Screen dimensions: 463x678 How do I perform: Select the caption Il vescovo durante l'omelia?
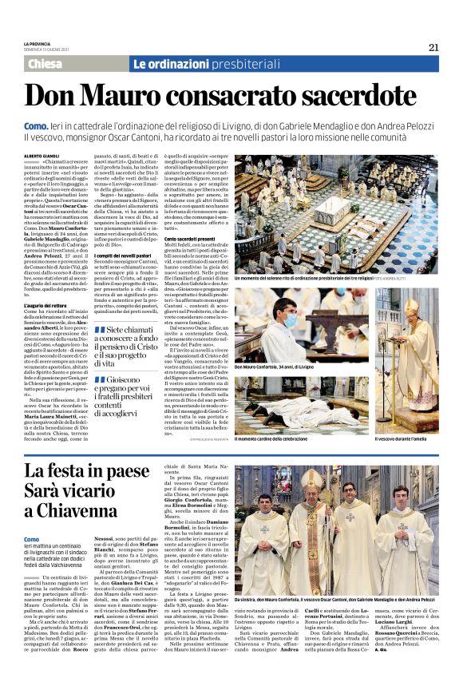(405, 438)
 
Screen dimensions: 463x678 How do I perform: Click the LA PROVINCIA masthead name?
(37, 43)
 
